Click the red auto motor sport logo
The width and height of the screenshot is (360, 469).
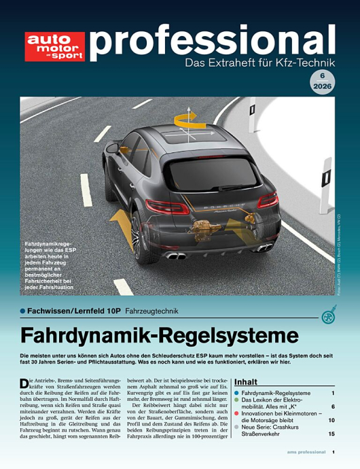click(55, 46)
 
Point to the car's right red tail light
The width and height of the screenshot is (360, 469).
click(267, 200)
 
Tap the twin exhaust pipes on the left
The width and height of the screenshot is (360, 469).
click(176, 256)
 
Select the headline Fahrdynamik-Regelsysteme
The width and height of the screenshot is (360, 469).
click(160, 336)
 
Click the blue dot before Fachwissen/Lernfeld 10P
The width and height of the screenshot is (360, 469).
click(22, 312)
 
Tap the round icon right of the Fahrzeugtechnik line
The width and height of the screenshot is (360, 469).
click(329, 315)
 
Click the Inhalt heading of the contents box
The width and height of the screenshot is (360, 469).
click(246, 382)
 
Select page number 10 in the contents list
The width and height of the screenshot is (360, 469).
click(331, 421)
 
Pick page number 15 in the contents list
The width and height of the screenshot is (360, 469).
click(331, 434)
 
